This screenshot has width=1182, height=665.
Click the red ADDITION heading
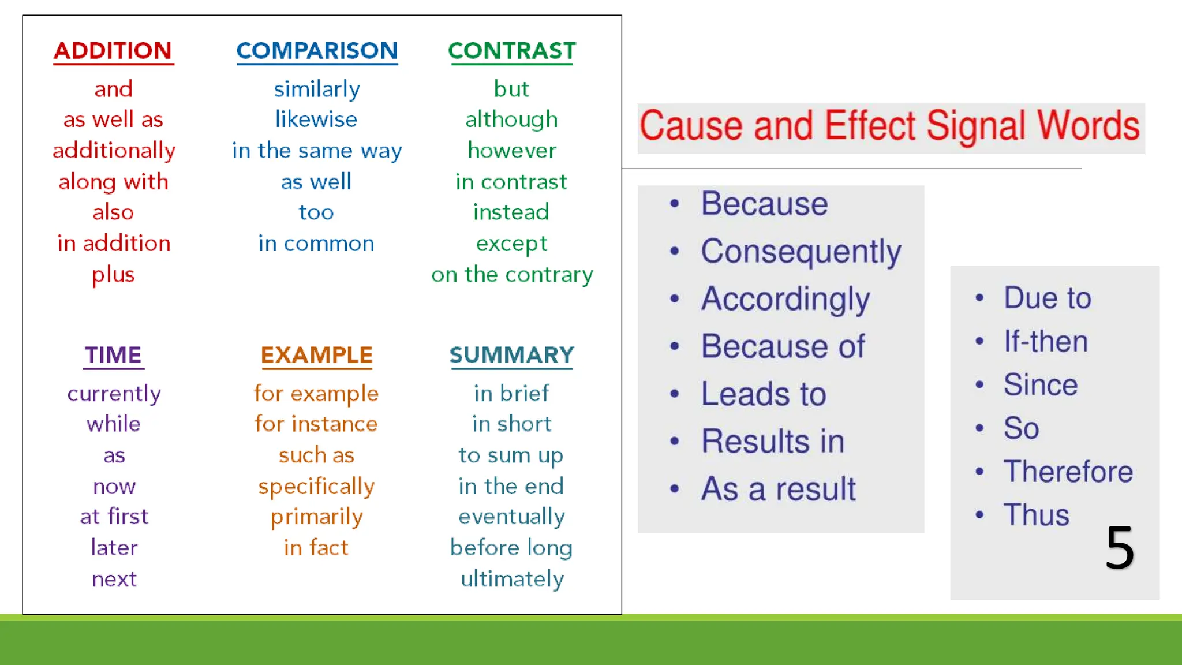[113, 51]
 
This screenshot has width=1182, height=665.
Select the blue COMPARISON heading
[317, 51]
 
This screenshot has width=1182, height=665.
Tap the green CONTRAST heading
[511, 51]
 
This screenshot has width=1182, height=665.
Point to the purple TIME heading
[114, 355]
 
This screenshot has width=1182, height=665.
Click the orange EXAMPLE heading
[316, 355]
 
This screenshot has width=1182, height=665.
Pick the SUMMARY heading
[511, 355]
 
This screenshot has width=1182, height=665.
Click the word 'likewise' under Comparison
[316, 119]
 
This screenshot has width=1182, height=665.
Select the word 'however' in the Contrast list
[511, 151]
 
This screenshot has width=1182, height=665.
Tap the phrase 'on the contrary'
[511, 275]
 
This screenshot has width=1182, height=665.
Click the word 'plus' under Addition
[114, 275]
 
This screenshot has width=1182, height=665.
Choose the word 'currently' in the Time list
[114, 394]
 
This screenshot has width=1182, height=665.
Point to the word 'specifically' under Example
[316, 487]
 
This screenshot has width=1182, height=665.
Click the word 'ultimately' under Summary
[511, 579]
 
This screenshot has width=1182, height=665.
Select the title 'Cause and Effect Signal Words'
[889, 127]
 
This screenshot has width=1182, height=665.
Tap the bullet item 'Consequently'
[801, 252]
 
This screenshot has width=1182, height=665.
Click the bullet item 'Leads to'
[764, 394]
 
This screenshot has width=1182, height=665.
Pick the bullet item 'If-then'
[1045, 341]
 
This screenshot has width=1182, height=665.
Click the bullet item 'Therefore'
[1068, 472]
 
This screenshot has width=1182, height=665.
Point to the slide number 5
[1120, 547]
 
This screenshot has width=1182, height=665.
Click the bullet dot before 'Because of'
[675, 346]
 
